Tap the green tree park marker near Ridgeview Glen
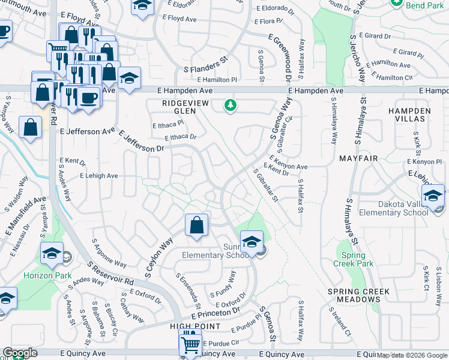point(229,106)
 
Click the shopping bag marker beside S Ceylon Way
point(196,226)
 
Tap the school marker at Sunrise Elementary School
point(252,242)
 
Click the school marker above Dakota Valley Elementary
point(433,196)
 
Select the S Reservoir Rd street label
point(109,273)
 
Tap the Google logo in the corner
point(20,353)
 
